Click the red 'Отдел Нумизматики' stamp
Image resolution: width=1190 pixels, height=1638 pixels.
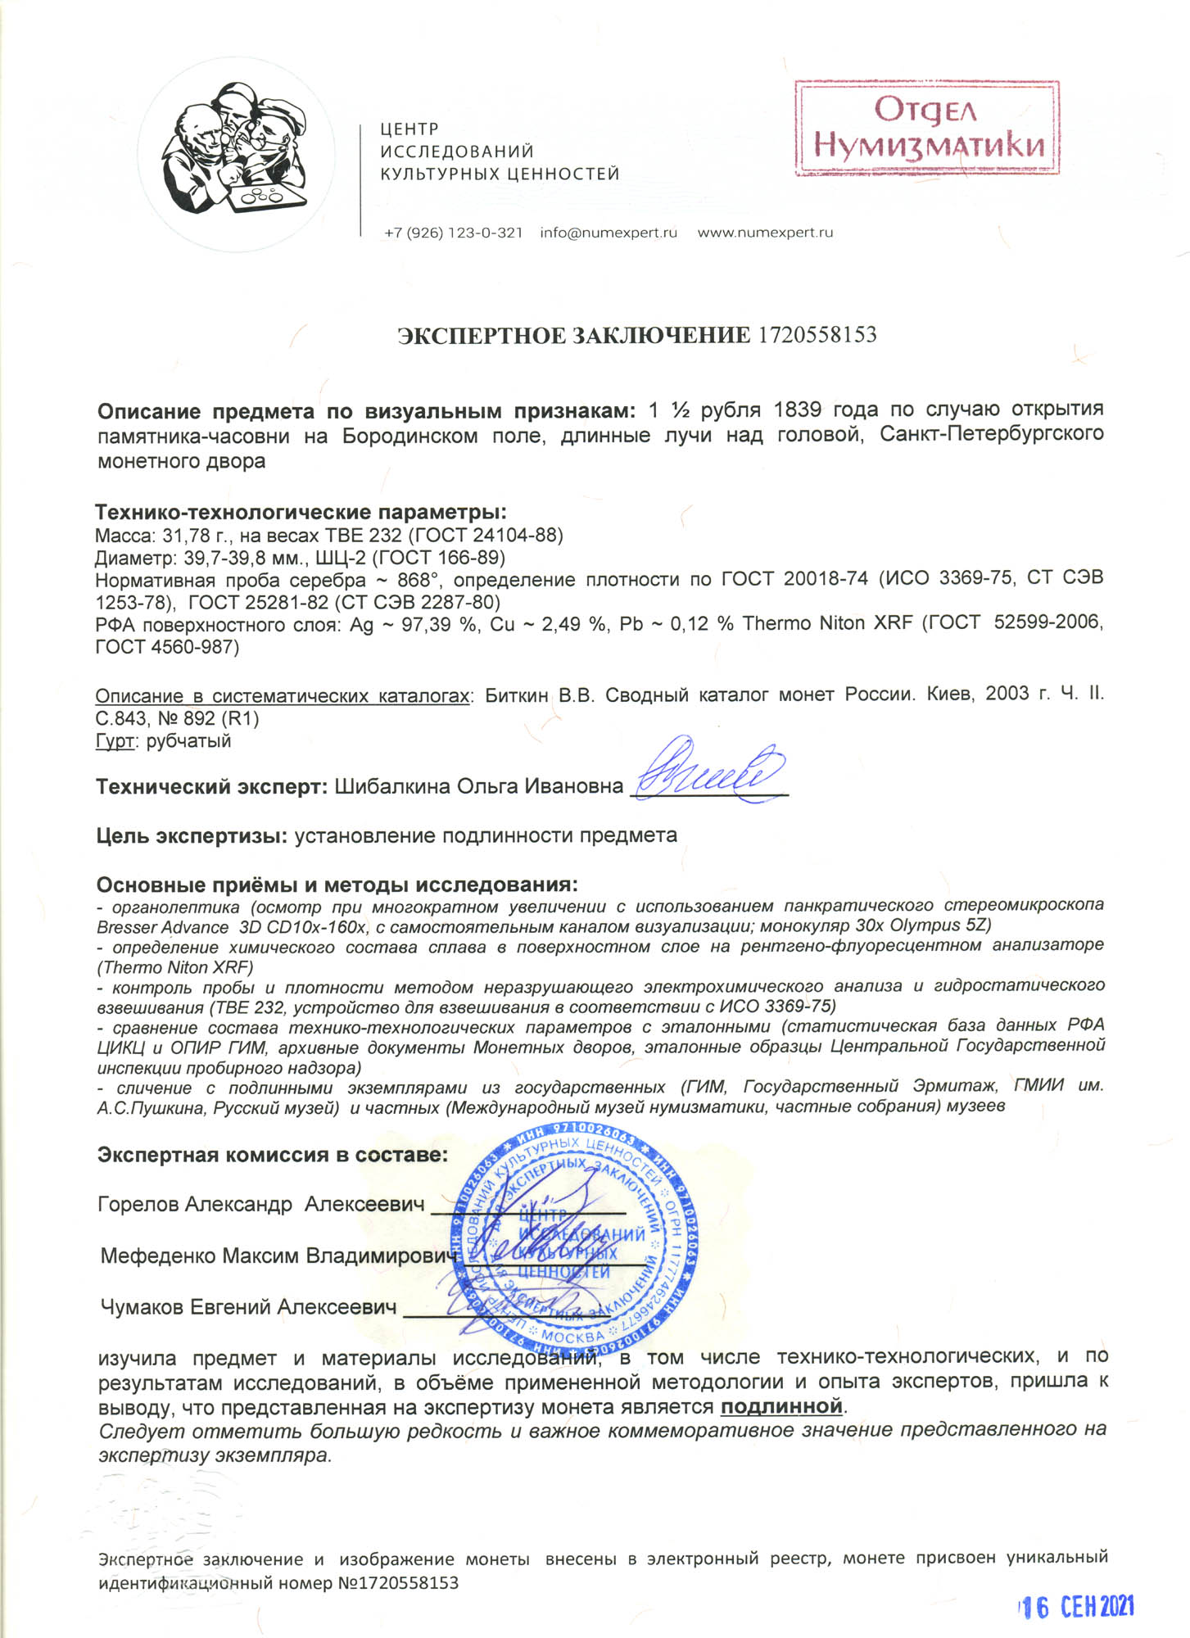pyautogui.click(x=927, y=129)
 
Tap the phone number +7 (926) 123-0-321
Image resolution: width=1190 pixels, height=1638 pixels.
pyautogui.click(x=453, y=233)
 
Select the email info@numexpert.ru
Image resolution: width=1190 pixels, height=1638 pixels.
pyautogui.click(x=609, y=233)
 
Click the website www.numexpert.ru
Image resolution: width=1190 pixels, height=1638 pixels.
pyautogui.click(x=765, y=233)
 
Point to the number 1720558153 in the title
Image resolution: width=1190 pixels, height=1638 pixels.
pyautogui.click(x=817, y=335)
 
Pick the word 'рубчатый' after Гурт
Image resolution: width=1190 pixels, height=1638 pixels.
pyautogui.click(x=188, y=741)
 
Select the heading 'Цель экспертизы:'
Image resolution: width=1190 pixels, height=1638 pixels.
pyautogui.click(x=192, y=836)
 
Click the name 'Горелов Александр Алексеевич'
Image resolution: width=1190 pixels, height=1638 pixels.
pyautogui.click(x=260, y=1205)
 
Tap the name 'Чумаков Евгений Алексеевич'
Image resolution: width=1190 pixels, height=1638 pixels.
pyautogui.click(x=248, y=1307)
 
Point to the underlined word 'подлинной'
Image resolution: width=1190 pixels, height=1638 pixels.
pyautogui.click(x=781, y=1406)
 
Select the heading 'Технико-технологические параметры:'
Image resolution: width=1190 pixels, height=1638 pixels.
pyautogui.click(x=301, y=513)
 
